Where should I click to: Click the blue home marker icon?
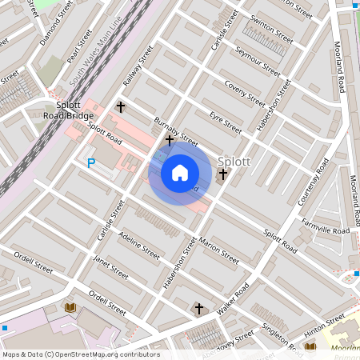pos(180,173)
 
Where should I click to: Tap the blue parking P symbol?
pos(90,163)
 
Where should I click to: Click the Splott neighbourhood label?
pos(234,161)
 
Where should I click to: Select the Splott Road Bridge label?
pos(68,111)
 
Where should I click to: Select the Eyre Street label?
pos(225,123)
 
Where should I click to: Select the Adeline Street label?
pos(139,245)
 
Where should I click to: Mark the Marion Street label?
pos(219,253)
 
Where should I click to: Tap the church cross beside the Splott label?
pos(223,173)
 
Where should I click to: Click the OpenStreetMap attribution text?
pos(81,354)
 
